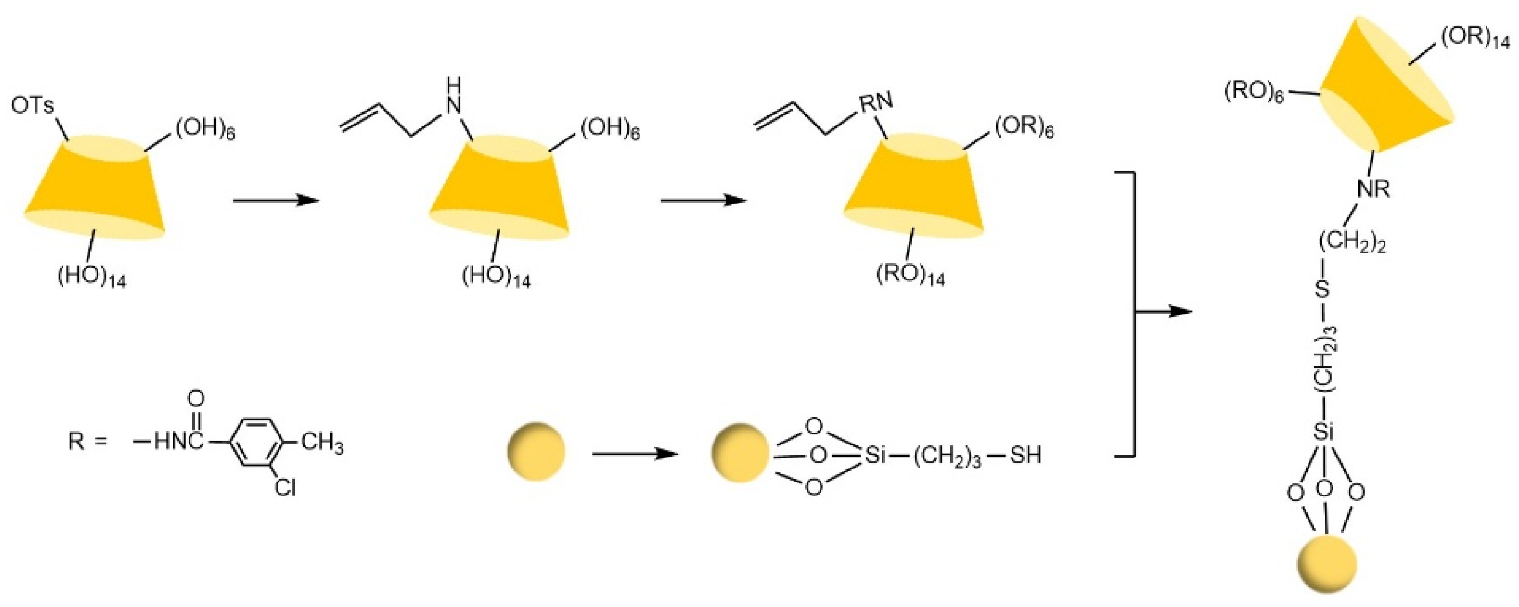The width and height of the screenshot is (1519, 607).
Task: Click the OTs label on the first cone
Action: (32, 107)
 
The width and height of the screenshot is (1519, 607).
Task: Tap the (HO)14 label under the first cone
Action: (91, 276)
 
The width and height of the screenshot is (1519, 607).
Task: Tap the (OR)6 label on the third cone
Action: (1023, 128)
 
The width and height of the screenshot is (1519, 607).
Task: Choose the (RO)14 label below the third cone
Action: (910, 275)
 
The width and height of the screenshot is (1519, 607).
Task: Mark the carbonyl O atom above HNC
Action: (196, 399)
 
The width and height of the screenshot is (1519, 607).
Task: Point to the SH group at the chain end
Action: (1025, 455)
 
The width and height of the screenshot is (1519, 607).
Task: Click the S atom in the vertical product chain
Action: (1324, 290)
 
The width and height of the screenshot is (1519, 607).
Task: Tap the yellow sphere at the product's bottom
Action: (1326, 564)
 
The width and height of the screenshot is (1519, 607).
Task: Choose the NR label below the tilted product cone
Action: (1373, 190)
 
